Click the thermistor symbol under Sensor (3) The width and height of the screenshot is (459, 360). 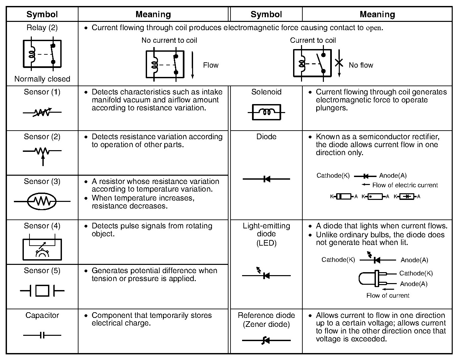coord(42,201)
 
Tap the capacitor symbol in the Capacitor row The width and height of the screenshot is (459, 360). coord(42,335)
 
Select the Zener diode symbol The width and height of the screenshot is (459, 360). coord(266,340)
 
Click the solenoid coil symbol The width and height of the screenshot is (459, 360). coord(266,112)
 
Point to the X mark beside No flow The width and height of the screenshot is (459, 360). coord(339,62)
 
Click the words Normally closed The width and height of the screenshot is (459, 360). coord(42,79)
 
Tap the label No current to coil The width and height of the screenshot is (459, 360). coord(169,40)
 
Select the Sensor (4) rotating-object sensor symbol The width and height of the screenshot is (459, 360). coord(42,249)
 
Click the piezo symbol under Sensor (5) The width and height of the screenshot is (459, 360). coord(42,291)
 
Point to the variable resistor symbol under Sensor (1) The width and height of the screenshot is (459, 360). coord(42,113)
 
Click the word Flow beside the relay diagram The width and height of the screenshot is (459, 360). coord(211,65)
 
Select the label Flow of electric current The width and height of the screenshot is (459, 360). coord(405,185)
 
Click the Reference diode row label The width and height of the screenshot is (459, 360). coord(266,320)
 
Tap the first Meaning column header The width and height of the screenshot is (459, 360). coord(153,15)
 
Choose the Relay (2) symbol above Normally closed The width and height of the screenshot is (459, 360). coord(42,54)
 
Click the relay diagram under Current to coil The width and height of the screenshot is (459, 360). coord(312,63)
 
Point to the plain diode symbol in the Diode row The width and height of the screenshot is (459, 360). coord(266,179)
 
